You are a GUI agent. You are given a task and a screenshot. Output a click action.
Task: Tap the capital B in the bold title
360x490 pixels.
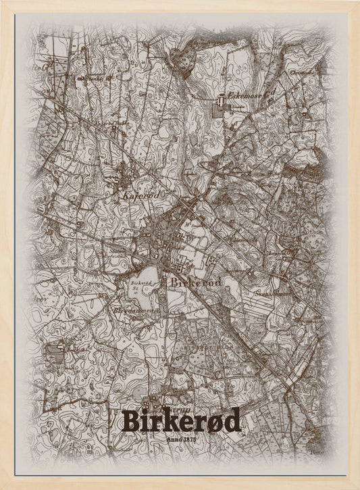click(129, 421)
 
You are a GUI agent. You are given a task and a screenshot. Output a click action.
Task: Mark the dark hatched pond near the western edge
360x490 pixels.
click(54, 351)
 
